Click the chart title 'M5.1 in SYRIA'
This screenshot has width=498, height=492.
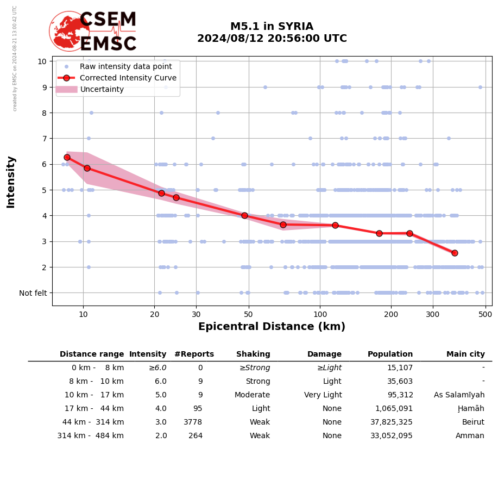click(x=272, y=27)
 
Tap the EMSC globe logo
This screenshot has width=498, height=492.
click(x=69, y=30)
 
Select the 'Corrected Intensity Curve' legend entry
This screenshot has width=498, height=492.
click(x=128, y=78)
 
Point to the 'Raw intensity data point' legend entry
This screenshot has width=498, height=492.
click(x=125, y=66)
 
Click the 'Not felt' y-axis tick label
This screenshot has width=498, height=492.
click(x=33, y=293)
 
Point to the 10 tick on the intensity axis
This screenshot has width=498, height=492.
click(x=42, y=61)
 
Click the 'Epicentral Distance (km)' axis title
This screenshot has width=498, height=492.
click(x=272, y=327)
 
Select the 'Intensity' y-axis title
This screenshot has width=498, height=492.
click(x=11, y=182)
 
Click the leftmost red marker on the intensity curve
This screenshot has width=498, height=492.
click(x=67, y=157)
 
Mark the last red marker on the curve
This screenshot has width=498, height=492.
click(x=455, y=253)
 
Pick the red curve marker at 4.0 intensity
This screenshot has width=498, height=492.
click(x=244, y=215)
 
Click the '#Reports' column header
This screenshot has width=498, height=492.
click(x=194, y=354)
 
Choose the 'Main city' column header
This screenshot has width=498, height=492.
click(x=465, y=354)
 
